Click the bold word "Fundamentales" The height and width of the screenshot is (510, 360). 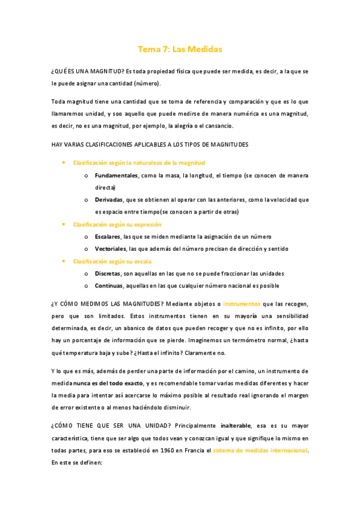point(116,175)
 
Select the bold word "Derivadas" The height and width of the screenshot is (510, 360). point(108,200)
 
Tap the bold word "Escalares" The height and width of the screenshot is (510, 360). point(108,236)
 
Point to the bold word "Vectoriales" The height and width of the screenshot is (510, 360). point(111,248)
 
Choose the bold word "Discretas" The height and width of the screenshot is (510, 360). point(108,273)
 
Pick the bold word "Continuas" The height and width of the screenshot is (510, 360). point(109,286)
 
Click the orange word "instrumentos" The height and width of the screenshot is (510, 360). point(241,305)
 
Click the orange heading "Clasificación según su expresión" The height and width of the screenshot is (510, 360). point(117,224)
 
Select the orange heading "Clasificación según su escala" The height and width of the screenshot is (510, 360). point(112,261)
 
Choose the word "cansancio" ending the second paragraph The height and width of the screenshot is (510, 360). point(226,126)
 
